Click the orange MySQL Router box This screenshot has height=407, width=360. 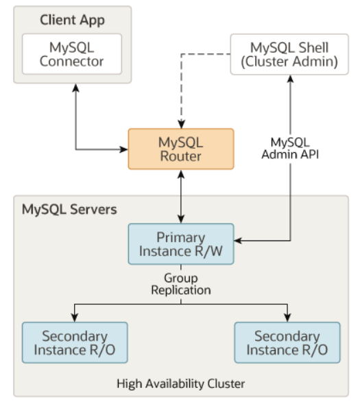click(181, 149)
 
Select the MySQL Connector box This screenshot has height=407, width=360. click(72, 54)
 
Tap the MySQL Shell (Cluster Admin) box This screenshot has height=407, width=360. click(289, 54)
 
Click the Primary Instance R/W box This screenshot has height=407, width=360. click(181, 244)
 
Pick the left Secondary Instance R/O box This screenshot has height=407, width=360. click(75, 343)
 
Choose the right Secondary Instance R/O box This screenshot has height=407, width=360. click(287, 343)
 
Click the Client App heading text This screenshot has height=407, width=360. click(72, 21)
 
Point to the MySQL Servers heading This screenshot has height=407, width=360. click(69, 209)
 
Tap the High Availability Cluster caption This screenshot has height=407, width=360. click(181, 384)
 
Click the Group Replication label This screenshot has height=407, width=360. click(181, 284)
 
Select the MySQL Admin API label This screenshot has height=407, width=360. click(290, 148)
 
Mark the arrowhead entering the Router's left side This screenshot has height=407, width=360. click(123, 149)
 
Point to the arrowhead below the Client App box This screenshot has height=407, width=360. click(75, 88)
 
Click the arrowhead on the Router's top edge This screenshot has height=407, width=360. click(181, 124)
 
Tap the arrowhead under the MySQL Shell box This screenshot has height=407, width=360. click(290, 79)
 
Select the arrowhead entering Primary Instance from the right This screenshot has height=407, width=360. click(238, 241)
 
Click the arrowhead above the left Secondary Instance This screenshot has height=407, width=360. click(75, 318)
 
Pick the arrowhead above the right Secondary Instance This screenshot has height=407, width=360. click(287, 318)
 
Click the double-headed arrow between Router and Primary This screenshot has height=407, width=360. click(181, 197)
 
